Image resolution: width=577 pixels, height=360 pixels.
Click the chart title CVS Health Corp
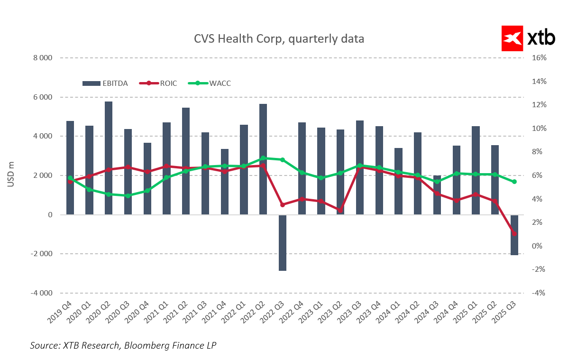point(279,38)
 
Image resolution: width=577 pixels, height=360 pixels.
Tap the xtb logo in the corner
point(528,38)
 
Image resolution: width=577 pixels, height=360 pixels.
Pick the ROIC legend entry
point(158,83)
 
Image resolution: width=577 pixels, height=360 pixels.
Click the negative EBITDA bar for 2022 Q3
point(283,243)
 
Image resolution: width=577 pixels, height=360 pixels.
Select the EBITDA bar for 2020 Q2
point(109,158)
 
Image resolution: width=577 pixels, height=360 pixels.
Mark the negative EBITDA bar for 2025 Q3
point(514,235)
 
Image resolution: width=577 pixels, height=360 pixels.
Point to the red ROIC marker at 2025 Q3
point(514,233)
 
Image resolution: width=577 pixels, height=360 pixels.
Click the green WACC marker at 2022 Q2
point(263,158)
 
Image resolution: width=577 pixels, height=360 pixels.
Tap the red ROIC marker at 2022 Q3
point(283,204)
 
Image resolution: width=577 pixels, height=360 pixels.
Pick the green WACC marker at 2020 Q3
point(128,195)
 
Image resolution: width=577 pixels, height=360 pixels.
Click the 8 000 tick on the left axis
point(42,58)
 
